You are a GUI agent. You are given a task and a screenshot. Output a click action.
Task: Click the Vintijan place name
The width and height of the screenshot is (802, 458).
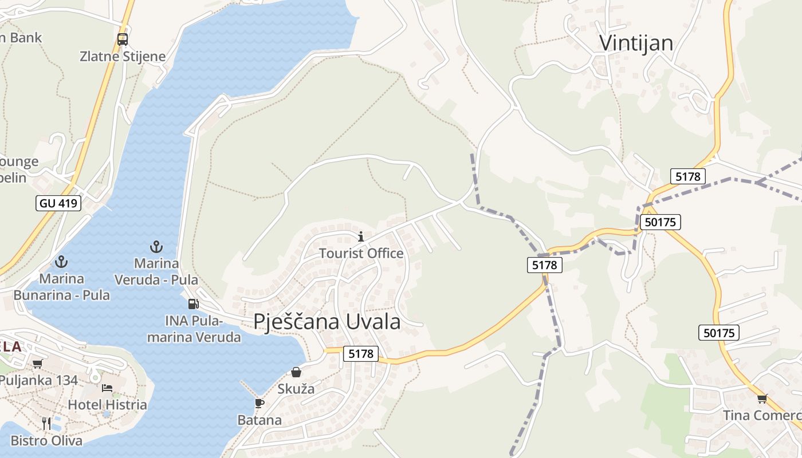pyautogui.click(x=636, y=43)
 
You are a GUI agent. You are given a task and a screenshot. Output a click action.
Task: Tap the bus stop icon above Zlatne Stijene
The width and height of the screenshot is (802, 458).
pyautogui.click(x=123, y=39)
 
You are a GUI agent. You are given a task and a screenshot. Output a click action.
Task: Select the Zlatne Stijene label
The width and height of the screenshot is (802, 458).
pyautogui.click(x=123, y=56)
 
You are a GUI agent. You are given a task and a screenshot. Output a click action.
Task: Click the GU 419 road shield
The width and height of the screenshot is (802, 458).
pyautogui.click(x=58, y=203)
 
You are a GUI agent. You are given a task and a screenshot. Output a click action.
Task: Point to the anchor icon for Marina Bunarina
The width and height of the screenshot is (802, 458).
pyautogui.click(x=61, y=262)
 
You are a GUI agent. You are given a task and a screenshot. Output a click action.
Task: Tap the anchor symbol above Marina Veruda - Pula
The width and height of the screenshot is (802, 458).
pyautogui.click(x=156, y=247)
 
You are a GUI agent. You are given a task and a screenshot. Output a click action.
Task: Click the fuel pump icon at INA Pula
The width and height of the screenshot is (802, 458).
pyautogui.click(x=194, y=303)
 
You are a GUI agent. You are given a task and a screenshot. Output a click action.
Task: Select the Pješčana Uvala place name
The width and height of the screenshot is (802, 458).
pyautogui.click(x=327, y=322)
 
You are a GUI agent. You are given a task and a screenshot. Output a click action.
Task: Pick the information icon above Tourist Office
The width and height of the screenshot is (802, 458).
pyautogui.click(x=361, y=236)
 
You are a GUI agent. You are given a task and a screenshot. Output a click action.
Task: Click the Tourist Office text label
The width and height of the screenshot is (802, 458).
pyautogui.click(x=361, y=253)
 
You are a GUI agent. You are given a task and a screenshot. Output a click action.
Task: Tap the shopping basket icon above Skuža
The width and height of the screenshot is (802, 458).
pyautogui.click(x=296, y=372)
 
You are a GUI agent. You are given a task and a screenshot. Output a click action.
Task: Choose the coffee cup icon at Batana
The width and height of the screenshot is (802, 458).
pyautogui.click(x=260, y=403)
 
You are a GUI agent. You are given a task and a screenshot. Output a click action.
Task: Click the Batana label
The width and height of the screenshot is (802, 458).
pyautogui.click(x=260, y=420)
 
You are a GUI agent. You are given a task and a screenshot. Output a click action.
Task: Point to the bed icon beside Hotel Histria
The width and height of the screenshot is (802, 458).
pyautogui.click(x=107, y=388)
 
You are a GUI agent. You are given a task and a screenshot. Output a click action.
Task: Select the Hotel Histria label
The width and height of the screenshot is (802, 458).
pyautogui.click(x=107, y=404)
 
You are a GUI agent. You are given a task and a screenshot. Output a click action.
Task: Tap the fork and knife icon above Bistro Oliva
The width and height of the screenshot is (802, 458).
pyautogui.click(x=46, y=423)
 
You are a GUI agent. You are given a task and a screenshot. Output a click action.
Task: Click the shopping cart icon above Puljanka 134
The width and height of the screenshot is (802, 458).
pyautogui.click(x=38, y=364)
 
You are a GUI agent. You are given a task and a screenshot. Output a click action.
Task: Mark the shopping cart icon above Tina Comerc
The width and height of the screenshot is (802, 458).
pyautogui.click(x=762, y=398)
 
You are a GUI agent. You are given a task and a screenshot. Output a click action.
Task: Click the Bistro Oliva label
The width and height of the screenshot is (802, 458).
pyautogui.click(x=46, y=440)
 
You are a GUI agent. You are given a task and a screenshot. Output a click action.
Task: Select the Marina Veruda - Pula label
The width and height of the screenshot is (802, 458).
pyautogui.click(x=156, y=271)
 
